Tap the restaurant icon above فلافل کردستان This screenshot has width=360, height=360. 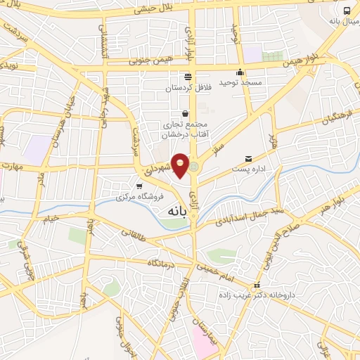coord(187,77)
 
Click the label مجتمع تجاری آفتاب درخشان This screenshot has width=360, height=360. coord(185,128)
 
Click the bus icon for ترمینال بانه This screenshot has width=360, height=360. coord(347,10)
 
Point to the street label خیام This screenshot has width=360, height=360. coord(51,219)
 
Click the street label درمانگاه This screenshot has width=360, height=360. coord(161,263)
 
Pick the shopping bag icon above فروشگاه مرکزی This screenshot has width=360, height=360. coord(139,186)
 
